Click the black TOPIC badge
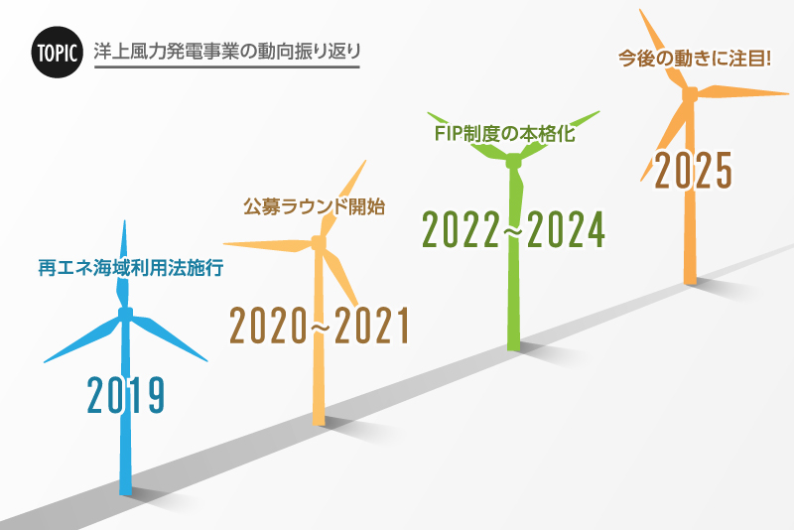click(x=56, y=53)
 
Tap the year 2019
click(x=125, y=394)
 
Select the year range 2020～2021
click(x=320, y=327)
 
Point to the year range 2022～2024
click(x=513, y=229)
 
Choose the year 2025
click(x=693, y=170)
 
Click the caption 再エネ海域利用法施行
click(x=124, y=268)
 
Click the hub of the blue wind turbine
click(x=126, y=315)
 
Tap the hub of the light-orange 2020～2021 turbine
click(x=319, y=241)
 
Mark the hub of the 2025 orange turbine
click(x=690, y=94)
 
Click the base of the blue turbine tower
click(x=126, y=488)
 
